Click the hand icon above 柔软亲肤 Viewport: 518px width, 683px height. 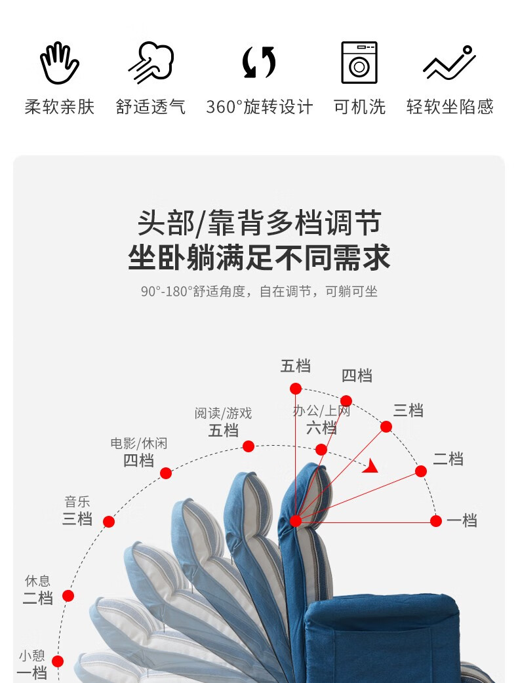(59, 63)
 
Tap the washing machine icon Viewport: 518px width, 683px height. (359, 63)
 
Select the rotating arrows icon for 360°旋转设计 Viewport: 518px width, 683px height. (259, 63)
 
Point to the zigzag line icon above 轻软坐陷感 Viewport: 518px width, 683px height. (449, 63)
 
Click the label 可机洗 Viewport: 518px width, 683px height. (359, 107)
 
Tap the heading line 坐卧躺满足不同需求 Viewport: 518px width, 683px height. (259, 258)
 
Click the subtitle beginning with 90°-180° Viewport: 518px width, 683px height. (259, 292)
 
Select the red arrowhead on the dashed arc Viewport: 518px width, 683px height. (372, 466)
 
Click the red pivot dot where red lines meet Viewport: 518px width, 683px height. (296, 521)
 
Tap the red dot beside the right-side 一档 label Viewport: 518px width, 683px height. (436, 521)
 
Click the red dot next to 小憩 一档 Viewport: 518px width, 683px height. (58, 661)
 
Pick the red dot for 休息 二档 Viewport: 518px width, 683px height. (68, 596)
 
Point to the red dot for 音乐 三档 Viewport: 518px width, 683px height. (109, 522)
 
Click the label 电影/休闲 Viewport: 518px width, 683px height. (138, 444)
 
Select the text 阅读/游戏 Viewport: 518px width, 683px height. (223, 414)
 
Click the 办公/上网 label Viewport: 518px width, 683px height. (321, 412)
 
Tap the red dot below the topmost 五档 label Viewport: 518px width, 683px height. (296, 388)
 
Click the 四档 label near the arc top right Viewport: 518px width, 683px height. (357, 376)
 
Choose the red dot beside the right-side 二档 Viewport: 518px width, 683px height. (421, 471)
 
